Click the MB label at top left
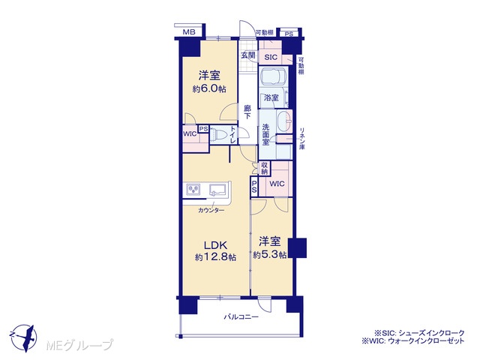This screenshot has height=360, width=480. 189,31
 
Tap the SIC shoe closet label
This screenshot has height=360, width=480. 271,57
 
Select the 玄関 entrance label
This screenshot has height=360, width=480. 248,55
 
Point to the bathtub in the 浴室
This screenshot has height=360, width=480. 274,76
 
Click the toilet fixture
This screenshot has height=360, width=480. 220,134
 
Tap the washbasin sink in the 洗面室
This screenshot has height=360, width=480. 284,121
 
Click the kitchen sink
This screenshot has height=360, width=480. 217,190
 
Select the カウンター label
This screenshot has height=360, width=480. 211,210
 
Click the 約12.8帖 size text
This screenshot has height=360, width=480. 215,257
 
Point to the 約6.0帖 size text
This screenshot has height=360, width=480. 209,88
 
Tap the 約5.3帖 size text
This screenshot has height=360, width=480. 270,255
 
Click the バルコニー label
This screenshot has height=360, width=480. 241,316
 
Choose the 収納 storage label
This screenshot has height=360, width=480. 264,168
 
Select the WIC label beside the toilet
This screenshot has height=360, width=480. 190,133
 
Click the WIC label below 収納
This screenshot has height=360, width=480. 277,184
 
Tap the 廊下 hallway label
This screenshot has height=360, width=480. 247,112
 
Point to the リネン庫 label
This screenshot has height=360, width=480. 301,138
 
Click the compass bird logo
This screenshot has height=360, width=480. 24,338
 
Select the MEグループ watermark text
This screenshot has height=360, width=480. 79,345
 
